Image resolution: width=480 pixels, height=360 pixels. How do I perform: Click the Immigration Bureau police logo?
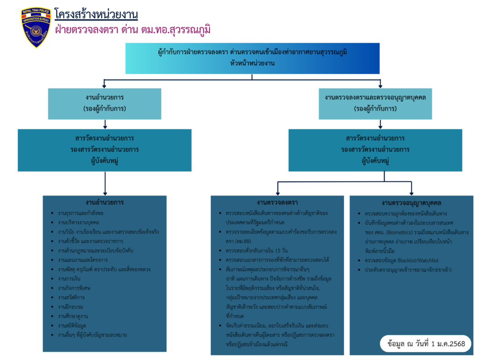click(36, 28)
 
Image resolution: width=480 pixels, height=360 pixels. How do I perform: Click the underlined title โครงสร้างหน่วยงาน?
click(96, 15)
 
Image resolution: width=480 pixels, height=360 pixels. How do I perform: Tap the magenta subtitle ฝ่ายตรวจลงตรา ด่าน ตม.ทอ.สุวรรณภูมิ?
click(132, 30)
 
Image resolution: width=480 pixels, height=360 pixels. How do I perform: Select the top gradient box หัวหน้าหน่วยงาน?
click(252, 58)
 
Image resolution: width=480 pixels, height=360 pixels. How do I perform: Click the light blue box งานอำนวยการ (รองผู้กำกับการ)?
click(105, 103)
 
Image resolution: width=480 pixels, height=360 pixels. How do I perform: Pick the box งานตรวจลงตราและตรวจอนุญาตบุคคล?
click(375, 103)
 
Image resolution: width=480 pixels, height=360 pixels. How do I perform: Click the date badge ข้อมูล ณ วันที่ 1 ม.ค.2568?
click(426, 344)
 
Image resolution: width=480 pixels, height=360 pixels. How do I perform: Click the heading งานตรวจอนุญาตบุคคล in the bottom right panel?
click(412, 203)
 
